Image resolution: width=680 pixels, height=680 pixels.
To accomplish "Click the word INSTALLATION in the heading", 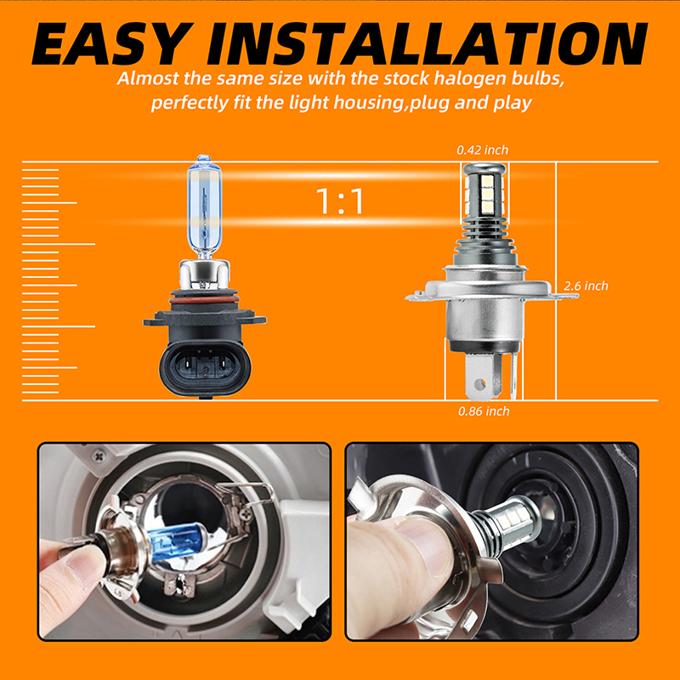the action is click(428, 43).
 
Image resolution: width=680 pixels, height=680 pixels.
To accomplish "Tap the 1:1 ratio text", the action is click(339, 201).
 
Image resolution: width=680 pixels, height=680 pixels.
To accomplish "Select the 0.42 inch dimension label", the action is click(482, 150).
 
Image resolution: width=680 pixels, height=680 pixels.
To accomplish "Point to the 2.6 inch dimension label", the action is click(586, 286).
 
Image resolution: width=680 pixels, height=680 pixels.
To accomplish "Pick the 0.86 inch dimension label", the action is click(484, 411).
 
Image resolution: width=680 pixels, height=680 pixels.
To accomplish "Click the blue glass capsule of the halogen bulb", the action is click(204, 206).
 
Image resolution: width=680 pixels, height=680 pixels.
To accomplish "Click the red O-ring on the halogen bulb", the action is click(204, 300).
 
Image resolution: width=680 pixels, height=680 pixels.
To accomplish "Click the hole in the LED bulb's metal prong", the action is click(479, 384).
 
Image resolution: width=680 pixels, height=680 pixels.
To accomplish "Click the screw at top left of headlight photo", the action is click(99, 456).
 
